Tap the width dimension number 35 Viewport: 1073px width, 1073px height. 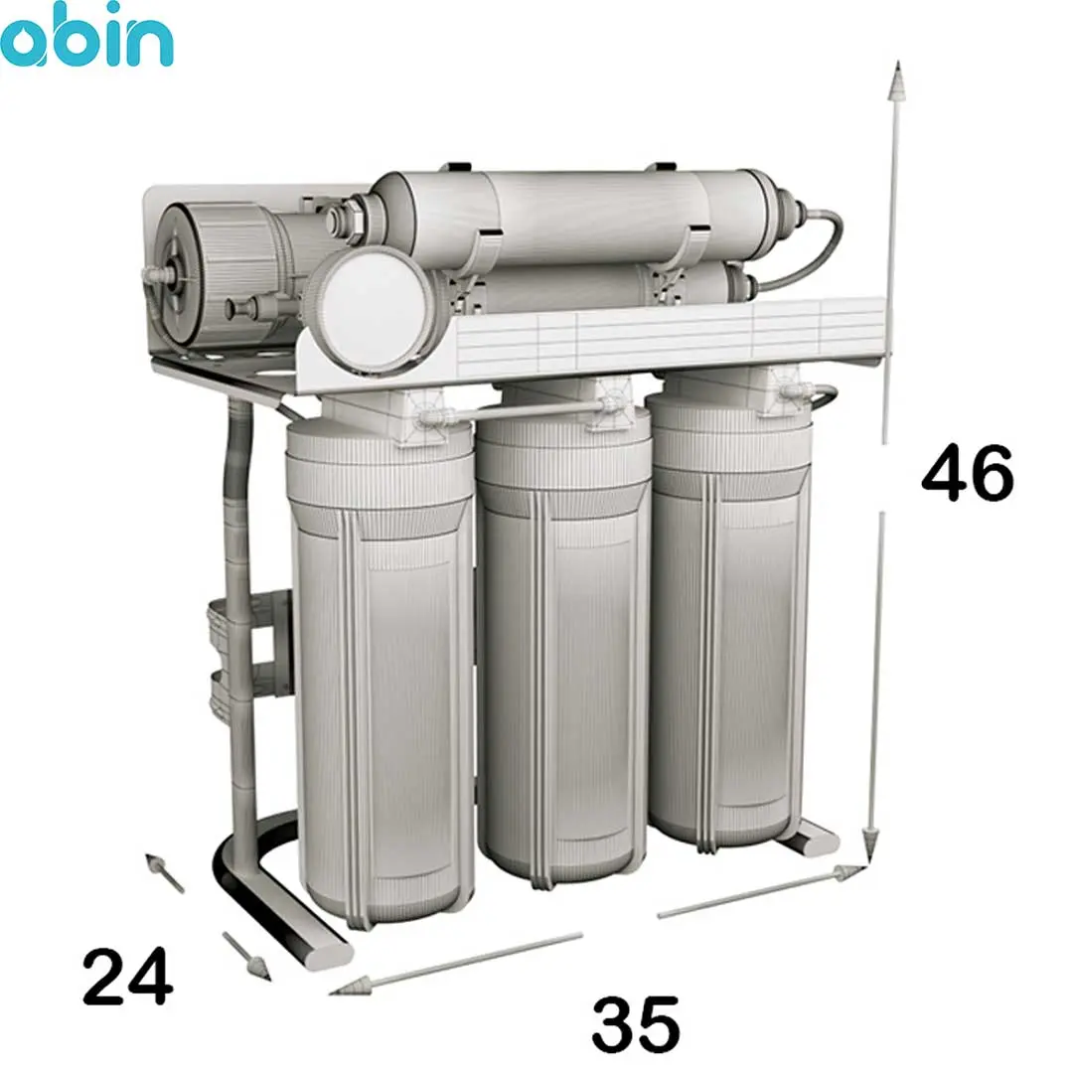coord(636,1024)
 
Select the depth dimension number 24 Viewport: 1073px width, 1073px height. coord(127,976)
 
